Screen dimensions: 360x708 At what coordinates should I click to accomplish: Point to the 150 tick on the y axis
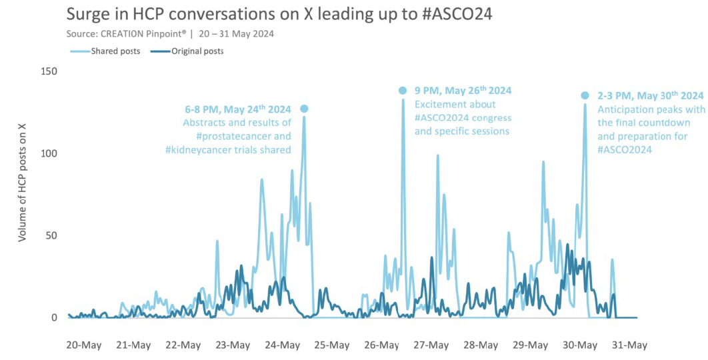[49, 71]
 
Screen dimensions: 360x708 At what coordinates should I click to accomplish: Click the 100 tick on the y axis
[49, 153]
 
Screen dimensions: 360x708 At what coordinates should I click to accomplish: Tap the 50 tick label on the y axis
[52, 235]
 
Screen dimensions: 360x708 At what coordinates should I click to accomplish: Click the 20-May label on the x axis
[83, 345]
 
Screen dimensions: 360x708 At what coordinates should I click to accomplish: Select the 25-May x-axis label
[331, 345]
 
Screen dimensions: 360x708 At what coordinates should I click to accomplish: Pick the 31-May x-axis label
[629, 345]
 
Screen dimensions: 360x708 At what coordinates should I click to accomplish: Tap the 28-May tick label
[480, 345]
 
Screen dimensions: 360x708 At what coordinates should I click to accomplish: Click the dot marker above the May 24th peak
[304, 109]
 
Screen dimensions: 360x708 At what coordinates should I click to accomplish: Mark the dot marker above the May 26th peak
[403, 91]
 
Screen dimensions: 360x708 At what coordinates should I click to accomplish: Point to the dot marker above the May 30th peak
[585, 96]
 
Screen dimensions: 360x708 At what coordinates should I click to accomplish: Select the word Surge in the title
[89, 15]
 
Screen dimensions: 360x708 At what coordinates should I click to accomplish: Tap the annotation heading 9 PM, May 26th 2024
[463, 91]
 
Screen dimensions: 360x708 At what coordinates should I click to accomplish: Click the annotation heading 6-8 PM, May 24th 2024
[238, 109]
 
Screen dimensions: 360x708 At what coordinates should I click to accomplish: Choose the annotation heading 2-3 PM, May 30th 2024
[650, 96]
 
